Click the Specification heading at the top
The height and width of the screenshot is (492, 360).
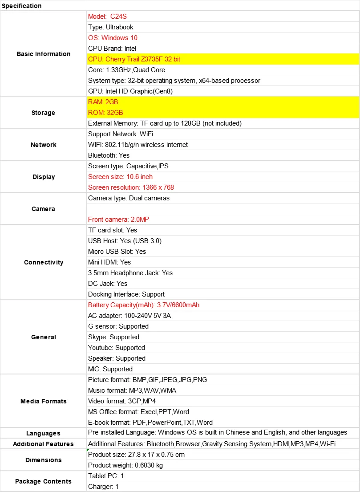pyautogui.click(x=22, y=6)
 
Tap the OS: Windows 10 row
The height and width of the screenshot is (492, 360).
pyautogui.click(x=113, y=38)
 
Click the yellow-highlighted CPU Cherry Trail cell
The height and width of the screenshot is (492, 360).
pyautogui.click(x=134, y=59)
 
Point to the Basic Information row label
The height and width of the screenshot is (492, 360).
pyautogui.click(x=44, y=54)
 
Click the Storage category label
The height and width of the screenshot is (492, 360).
pyautogui.click(x=44, y=113)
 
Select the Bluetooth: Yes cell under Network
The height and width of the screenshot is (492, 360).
pyautogui.click(x=109, y=155)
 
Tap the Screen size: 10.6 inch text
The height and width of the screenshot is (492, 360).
pyautogui.click(x=120, y=177)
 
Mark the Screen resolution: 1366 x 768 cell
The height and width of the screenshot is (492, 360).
pyautogui.click(x=131, y=187)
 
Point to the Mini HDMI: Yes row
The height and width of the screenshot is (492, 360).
pyautogui.click(x=109, y=262)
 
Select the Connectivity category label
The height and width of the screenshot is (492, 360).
pyautogui.click(x=44, y=262)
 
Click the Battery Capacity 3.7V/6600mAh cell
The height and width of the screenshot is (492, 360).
pyautogui.click(x=144, y=305)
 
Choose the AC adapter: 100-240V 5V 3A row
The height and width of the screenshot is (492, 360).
pyautogui.click(x=129, y=316)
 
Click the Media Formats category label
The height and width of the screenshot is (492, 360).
pyautogui.click(x=44, y=401)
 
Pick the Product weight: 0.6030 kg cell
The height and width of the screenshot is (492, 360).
pyautogui.click(x=125, y=465)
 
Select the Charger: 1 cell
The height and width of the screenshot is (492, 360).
pyautogui.click(x=103, y=487)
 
